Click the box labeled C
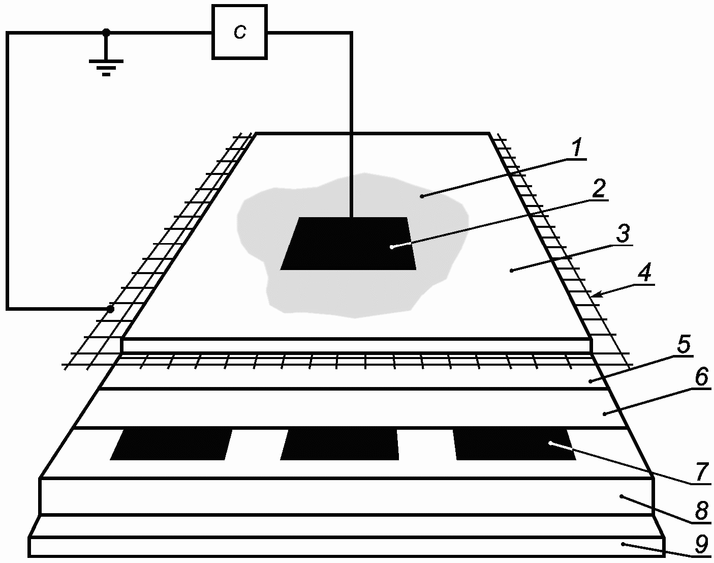pos(239,32)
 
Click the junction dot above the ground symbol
pos(106,32)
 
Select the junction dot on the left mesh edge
pos(110,309)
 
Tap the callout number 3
pos(623,234)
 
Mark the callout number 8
pos(701,512)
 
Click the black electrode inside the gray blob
pos(349,244)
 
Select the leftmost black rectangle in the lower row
pos(171,445)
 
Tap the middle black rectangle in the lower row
pos(339,445)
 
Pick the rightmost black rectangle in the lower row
pos(514,445)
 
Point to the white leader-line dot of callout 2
pos(392,247)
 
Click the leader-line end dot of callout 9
pos(623,544)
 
